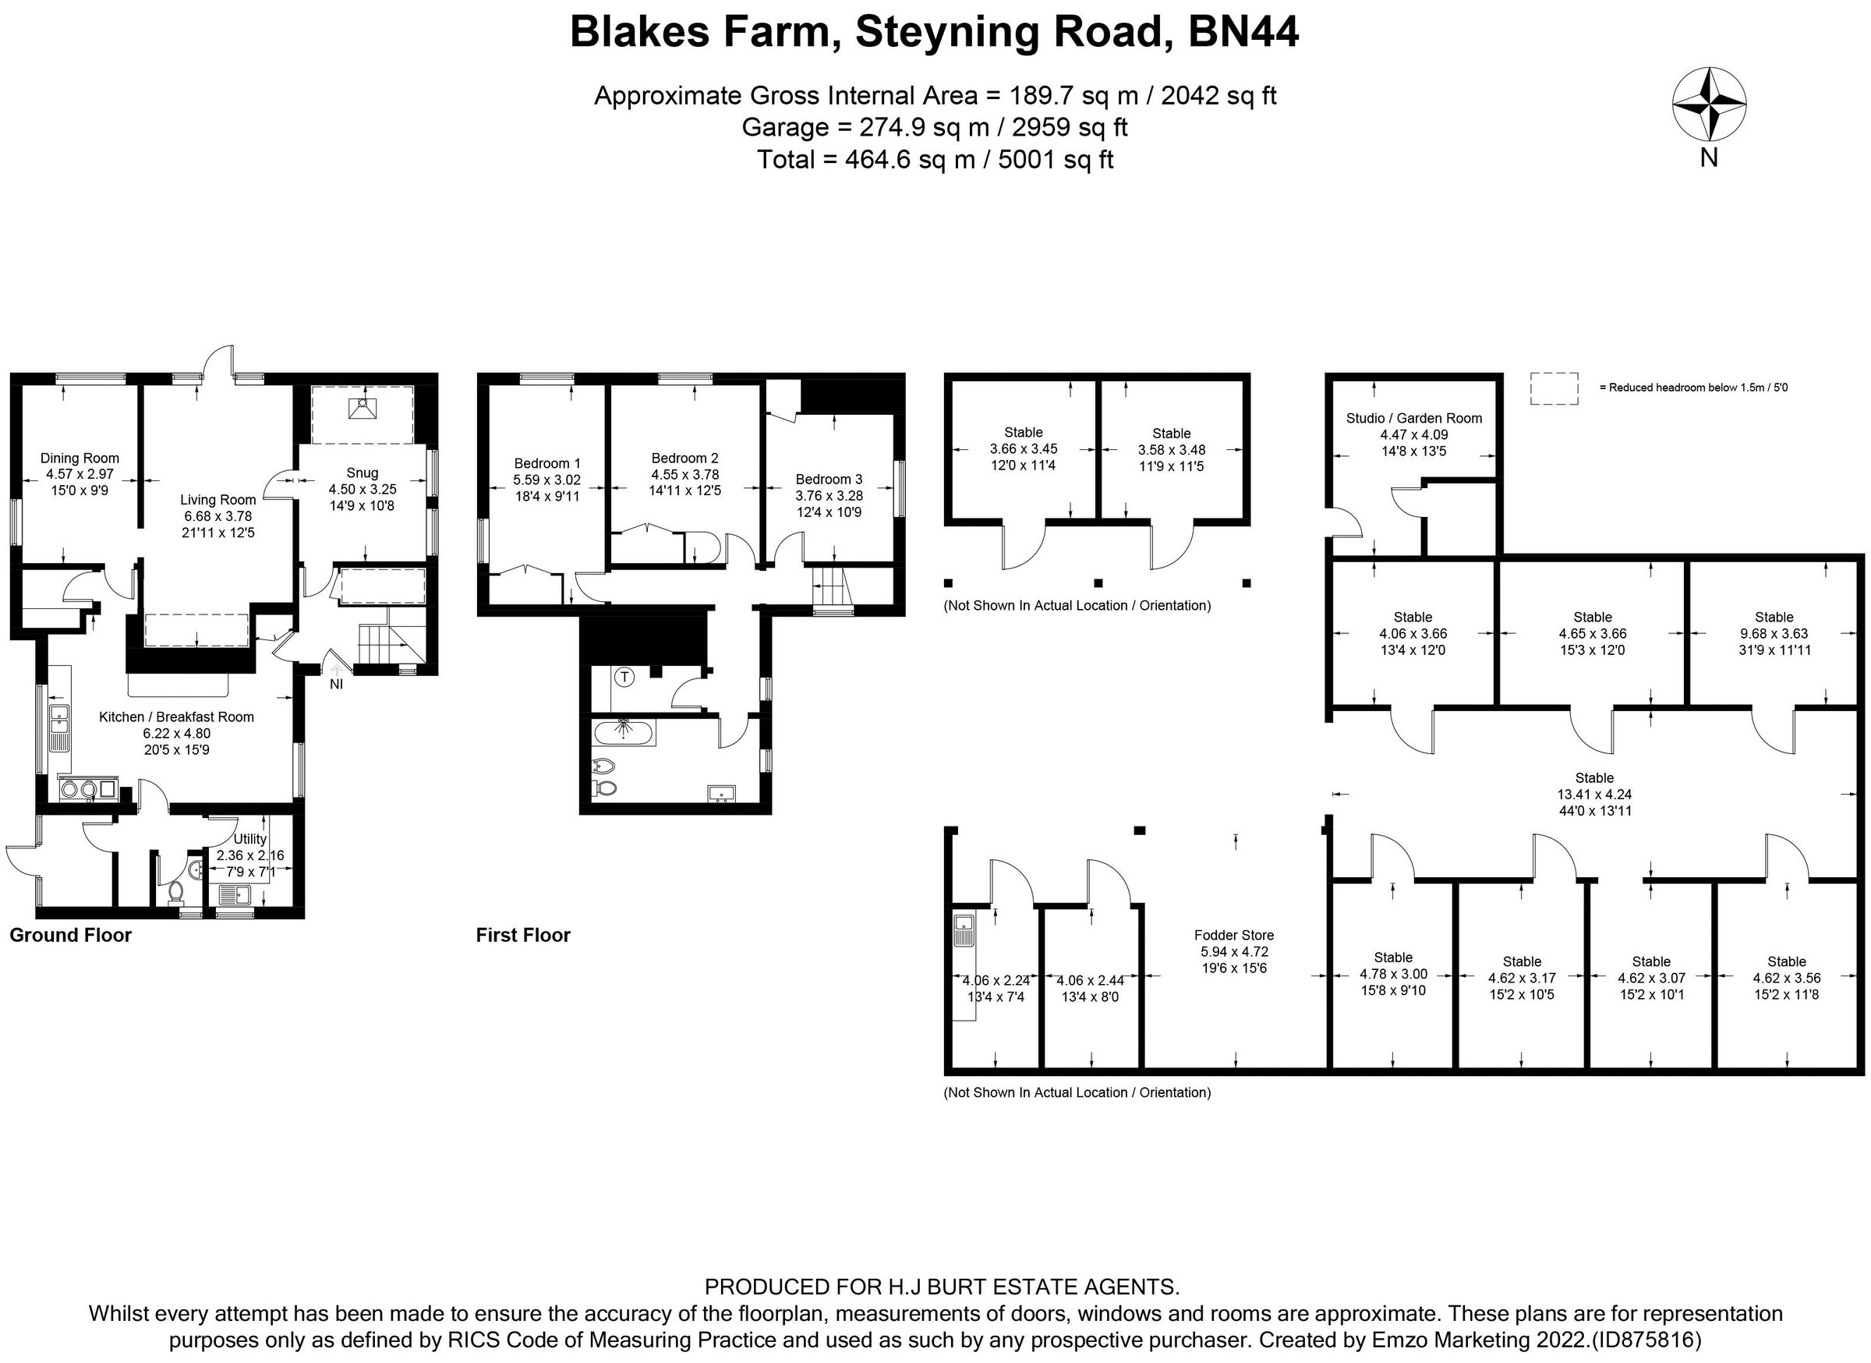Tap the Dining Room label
click(80, 458)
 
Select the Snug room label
click(363, 473)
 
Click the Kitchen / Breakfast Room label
click(176, 717)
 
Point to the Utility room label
click(250, 839)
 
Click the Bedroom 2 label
click(684, 458)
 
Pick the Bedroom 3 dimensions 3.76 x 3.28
click(829, 496)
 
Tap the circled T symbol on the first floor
click(625, 678)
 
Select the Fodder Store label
click(1234, 935)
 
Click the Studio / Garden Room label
click(1414, 418)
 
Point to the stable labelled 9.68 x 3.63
click(1774, 634)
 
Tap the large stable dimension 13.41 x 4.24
click(1593, 795)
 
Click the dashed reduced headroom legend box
click(1554, 388)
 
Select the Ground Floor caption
click(71, 935)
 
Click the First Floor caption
click(523, 935)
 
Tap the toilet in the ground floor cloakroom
click(175, 893)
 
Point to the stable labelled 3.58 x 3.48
click(1172, 450)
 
